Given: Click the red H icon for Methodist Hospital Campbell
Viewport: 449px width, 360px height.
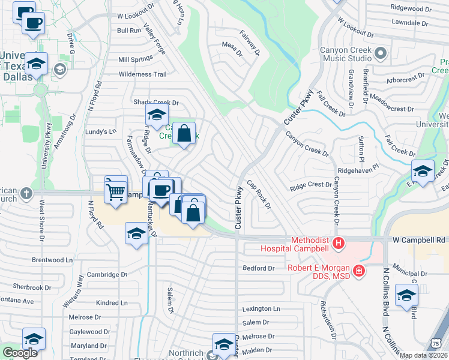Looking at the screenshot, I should [339, 243].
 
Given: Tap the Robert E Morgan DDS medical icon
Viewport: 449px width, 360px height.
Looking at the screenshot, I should [359, 272].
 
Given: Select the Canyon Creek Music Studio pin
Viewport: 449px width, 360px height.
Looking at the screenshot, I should [380, 55].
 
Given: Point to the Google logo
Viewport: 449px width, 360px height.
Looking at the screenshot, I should [20, 353].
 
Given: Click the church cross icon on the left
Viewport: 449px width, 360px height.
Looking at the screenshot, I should [25, 193].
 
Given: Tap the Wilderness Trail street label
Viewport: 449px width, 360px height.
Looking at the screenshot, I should [142, 74].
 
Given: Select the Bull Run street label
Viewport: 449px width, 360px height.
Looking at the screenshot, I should [129, 30].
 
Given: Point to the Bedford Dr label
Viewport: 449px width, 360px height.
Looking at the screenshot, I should [258, 268].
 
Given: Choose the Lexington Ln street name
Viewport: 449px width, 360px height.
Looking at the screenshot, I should [261, 308].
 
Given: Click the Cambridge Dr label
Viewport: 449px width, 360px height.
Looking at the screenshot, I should [107, 274].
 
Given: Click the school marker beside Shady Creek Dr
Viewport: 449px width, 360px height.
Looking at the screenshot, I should [157, 115].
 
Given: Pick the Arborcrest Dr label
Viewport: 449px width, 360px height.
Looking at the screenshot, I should [405, 77].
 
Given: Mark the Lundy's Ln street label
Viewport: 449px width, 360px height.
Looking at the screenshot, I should [100, 131].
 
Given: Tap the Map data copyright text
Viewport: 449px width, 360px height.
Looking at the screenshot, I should [423, 355].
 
